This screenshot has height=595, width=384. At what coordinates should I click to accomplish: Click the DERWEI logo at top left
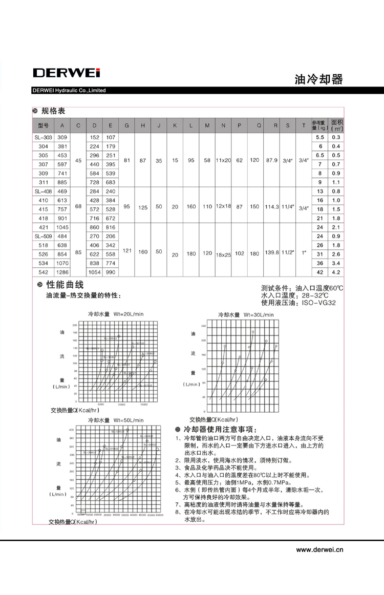coord(66,73)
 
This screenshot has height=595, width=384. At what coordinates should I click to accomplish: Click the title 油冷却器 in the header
coord(318,79)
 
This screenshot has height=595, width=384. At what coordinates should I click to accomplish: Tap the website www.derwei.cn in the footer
coord(320,550)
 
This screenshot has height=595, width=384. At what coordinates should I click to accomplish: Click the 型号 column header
coord(43,125)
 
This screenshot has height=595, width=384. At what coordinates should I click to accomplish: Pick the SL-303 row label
coord(43,137)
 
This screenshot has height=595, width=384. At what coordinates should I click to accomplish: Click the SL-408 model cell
coord(43,191)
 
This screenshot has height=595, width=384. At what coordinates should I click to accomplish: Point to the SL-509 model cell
coord(43,236)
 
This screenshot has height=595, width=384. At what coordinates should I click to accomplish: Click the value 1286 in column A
coord(62,272)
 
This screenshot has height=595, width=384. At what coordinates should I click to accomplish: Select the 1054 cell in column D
coord(94,272)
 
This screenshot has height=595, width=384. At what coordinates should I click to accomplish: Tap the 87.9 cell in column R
coord(272,160)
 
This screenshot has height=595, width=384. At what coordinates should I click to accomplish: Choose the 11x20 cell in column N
coord(223,160)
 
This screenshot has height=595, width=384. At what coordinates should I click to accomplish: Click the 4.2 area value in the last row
coord(336,272)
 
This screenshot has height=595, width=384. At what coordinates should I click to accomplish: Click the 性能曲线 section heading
coord(65,285)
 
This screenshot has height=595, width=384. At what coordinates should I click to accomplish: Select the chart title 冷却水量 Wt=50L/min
coord(116,420)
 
